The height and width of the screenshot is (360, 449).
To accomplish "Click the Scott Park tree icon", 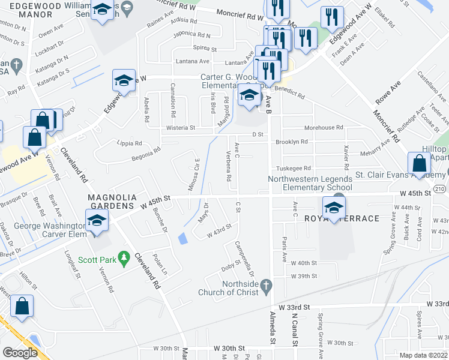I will coord(124,259).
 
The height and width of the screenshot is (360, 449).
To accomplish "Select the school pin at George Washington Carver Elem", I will coord(96,221).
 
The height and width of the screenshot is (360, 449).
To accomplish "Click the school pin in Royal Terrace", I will coord(334,208).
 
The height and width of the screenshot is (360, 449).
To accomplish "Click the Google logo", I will coord(20,353).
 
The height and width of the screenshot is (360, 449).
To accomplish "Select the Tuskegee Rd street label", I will coord(294,169).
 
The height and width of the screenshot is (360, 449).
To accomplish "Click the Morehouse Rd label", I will coord(324,128).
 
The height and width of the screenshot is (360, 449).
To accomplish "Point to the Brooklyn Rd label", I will coord(291,142).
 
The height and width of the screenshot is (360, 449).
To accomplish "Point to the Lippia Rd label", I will coord(130,143).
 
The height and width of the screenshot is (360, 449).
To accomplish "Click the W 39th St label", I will coord(303,276).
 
